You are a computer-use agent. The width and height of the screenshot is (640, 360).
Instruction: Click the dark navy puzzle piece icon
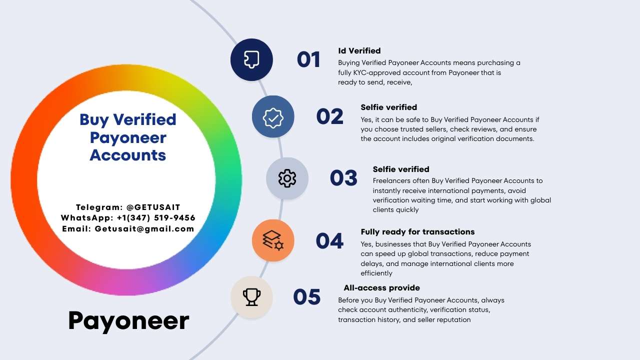pyautogui.click(x=251, y=59)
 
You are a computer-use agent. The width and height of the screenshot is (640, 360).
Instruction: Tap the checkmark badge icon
pyautogui.click(x=273, y=117)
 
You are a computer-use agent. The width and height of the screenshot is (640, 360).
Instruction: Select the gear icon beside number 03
pyautogui.click(x=287, y=178)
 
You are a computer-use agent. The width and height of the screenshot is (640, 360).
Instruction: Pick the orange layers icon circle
pyautogui.click(x=273, y=240)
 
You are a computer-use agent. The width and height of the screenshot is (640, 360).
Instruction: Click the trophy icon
pyautogui.click(x=251, y=297)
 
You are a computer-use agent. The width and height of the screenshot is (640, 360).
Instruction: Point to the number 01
pyautogui.click(x=308, y=59)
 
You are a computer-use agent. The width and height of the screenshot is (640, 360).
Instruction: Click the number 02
pyautogui.click(x=329, y=116)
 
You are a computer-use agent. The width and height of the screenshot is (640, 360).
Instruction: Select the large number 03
pyautogui.click(x=343, y=177)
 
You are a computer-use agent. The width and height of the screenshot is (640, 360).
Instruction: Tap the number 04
pyautogui.click(x=329, y=240)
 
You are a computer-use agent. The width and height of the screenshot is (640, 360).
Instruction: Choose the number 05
pyautogui.click(x=307, y=296)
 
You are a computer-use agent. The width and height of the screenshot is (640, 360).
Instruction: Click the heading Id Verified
pyautogui.click(x=359, y=51)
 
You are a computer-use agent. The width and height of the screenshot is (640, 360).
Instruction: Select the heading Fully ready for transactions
pyautogui.click(x=417, y=231)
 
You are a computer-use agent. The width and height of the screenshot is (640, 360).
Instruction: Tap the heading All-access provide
pyautogui.click(x=381, y=287)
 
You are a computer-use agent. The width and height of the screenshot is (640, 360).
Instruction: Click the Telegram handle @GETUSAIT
pyautogui.click(x=153, y=207)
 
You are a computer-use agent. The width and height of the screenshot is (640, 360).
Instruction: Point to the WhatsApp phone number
pyautogui.click(x=156, y=217)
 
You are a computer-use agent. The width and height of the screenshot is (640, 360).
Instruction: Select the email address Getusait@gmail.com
pyautogui.click(x=144, y=229)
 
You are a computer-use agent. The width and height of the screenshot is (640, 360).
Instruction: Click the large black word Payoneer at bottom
pyautogui.click(x=128, y=321)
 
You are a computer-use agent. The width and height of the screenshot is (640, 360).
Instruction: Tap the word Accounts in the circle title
pyautogui.click(x=127, y=155)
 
